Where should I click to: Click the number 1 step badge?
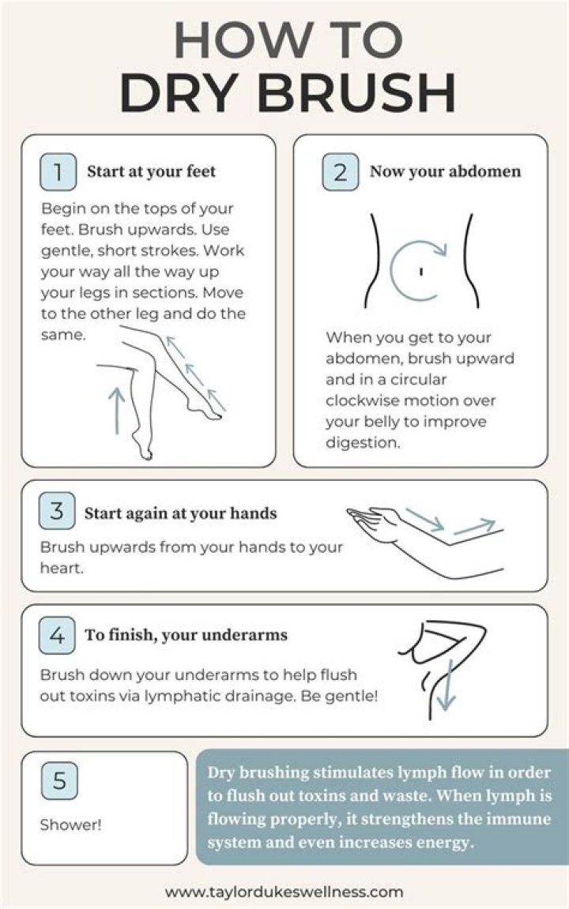pyautogui.click(x=58, y=171)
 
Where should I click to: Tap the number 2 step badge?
pyautogui.click(x=341, y=171)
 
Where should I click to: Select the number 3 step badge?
pyautogui.click(x=57, y=511)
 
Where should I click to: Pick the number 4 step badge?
pyautogui.click(x=57, y=636)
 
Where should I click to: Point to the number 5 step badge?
pyautogui.click(x=59, y=781)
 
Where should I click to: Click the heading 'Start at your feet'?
pyautogui.click(x=152, y=171)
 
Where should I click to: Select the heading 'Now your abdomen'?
pyautogui.click(x=446, y=171)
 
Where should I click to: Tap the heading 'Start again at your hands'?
pyautogui.click(x=180, y=513)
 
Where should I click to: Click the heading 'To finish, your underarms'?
pyautogui.click(x=187, y=635)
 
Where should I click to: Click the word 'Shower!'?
pyautogui.click(x=71, y=824)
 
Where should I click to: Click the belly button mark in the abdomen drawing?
pyautogui.click(x=421, y=271)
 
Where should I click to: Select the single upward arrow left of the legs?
pyautogui.click(x=117, y=411)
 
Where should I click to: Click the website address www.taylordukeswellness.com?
pyautogui.click(x=284, y=891)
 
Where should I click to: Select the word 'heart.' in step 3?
pyautogui.click(x=62, y=568)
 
